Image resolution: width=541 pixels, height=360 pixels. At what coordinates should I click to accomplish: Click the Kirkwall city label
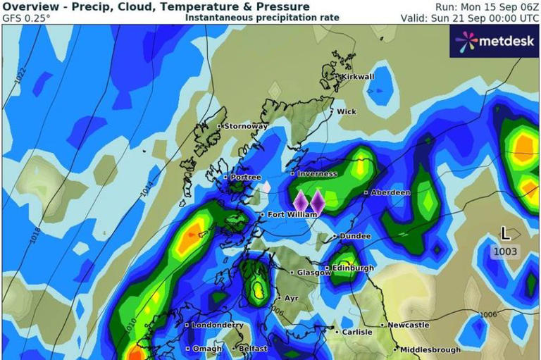tap(357, 77)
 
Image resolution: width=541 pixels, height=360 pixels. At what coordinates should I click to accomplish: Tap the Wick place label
tap(347, 111)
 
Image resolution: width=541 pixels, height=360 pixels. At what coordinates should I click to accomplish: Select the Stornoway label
tap(246, 126)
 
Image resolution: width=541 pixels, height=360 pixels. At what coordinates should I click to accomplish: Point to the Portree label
tap(245, 178)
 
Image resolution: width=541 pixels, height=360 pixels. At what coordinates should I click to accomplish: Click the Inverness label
tap(317, 173)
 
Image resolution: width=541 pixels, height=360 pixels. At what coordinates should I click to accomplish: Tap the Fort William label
tap(287, 214)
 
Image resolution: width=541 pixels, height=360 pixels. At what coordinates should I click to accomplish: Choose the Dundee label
tap(355, 236)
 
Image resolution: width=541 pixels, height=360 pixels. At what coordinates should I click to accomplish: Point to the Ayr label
tap(291, 298)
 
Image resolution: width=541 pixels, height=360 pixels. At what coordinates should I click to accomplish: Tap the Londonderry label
tap(218, 325)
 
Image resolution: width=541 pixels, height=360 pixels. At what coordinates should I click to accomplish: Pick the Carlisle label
tap(356, 332)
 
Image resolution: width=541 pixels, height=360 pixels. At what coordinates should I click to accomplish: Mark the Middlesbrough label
tap(431, 349)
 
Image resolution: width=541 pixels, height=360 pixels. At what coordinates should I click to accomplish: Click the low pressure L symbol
tap(505, 234)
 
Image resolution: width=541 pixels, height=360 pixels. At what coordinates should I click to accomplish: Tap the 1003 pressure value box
tap(505, 252)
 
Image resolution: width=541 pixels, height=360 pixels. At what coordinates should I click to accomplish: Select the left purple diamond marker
tap(301, 201)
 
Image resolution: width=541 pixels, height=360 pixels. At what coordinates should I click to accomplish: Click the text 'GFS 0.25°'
tap(27, 18)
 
